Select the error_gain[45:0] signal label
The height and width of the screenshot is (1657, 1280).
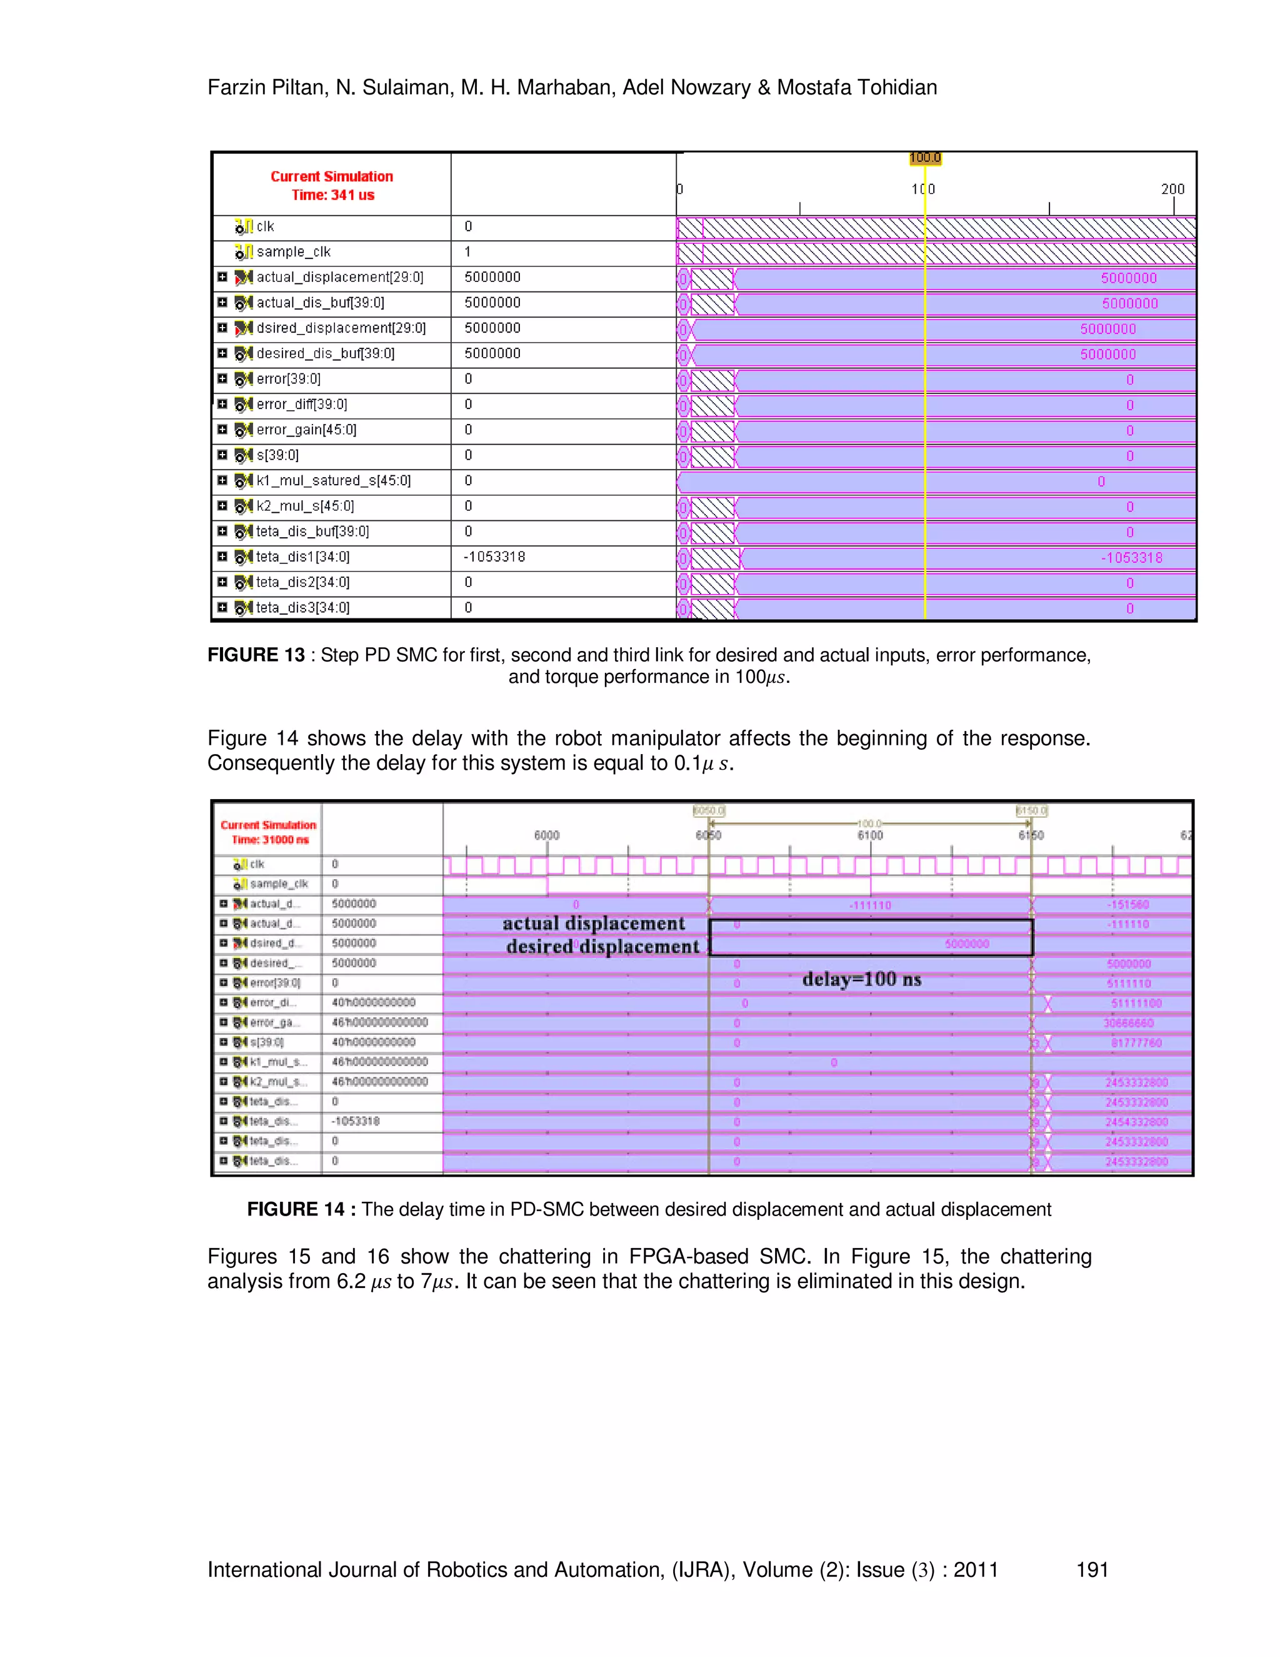click(306, 430)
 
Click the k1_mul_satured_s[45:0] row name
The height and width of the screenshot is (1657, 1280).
click(333, 481)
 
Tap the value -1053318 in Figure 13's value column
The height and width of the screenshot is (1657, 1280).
click(494, 557)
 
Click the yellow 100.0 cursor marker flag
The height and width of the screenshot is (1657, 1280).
click(924, 158)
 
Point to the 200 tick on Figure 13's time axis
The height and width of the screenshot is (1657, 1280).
click(1172, 189)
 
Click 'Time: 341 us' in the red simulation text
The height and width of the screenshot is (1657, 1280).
click(333, 195)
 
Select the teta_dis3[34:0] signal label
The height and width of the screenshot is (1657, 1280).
click(302, 608)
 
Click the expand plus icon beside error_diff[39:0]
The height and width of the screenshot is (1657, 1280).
click(222, 405)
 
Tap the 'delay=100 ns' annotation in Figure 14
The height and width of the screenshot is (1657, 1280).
click(861, 979)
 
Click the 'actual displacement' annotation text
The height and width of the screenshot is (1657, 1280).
click(593, 924)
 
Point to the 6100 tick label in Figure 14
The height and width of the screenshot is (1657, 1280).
click(870, 835)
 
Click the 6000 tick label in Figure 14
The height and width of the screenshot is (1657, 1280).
click(546, 835)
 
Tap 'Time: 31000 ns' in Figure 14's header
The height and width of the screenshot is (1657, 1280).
click(270, 840)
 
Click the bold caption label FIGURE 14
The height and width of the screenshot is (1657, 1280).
click(296, 1209)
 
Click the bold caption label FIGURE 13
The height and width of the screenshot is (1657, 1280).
click(256, 655)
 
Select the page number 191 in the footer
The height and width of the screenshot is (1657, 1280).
click(1092, 1569)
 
